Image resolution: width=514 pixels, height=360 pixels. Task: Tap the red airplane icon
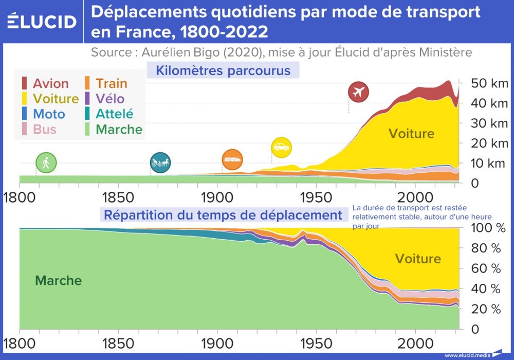click(x=359, y=92)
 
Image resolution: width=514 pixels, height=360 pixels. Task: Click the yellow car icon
click(x=281, y=148)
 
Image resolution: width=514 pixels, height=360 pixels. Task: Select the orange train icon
click(x=232, y=160)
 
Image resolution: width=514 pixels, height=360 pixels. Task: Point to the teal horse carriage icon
click(x=160, y=163)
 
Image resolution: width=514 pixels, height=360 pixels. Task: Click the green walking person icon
click(x=46, y=163)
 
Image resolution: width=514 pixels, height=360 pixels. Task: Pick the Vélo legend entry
click(x=109, y=99)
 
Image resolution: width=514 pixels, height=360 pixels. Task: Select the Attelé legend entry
click(x=114, y=114)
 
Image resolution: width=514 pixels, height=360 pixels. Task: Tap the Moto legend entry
click(x=48, y=114)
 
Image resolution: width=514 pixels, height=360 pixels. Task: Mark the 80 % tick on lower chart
click(x=486, y=248)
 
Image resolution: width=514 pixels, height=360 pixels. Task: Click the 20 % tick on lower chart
click(x=486, y=309)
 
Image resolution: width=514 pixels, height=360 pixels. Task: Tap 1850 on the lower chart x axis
click(x=118, y=343)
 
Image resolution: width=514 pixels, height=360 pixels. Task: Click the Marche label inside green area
click(x=58, y=281)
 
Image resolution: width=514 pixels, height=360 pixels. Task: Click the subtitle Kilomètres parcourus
click(x=223, y=70)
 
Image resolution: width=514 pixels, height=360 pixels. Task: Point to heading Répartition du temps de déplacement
click(x=223, y=215)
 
